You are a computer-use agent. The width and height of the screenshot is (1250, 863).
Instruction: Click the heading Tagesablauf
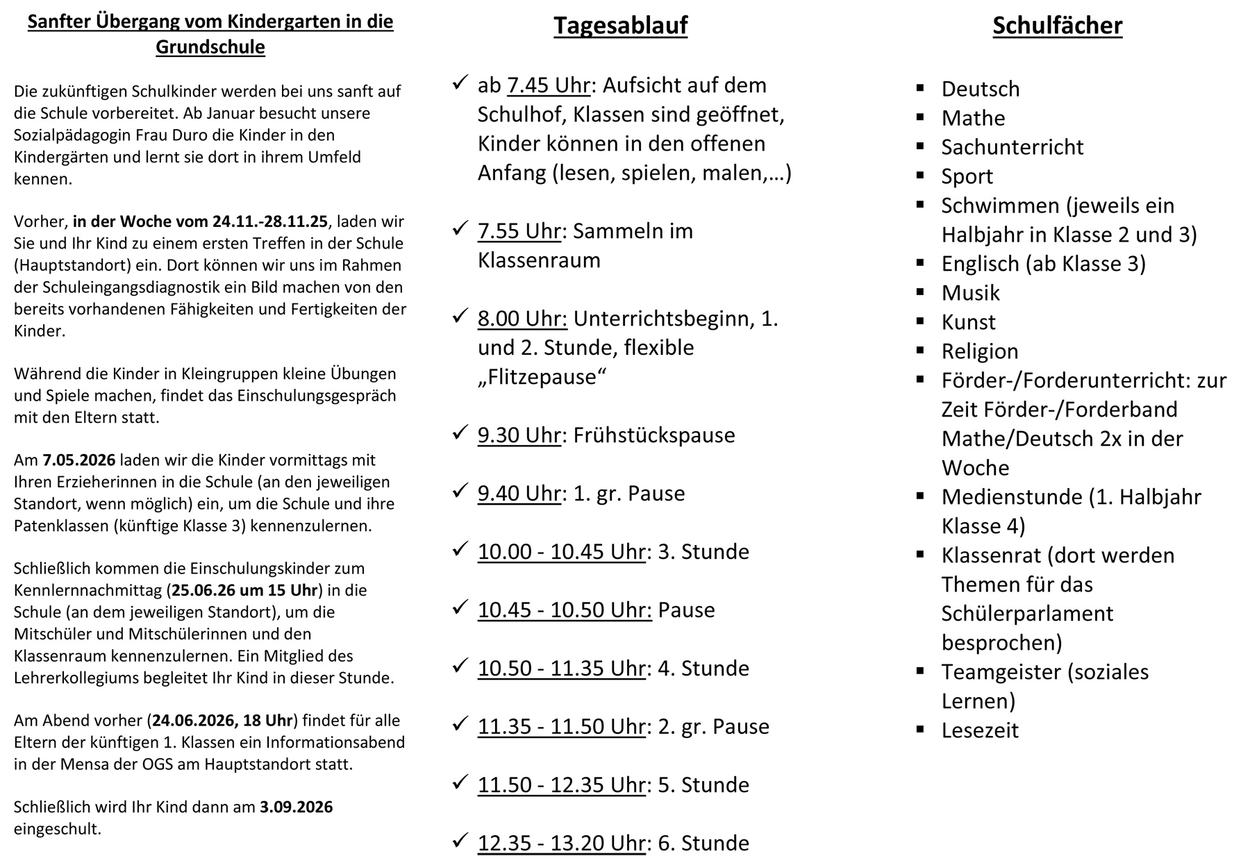tap(620, 26)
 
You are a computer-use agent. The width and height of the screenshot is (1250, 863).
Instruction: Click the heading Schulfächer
tap(1057, 26)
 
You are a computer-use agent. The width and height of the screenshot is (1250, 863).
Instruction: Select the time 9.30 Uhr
tap(519, 435)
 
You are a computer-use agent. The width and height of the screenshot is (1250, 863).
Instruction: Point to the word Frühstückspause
tap(654, 435)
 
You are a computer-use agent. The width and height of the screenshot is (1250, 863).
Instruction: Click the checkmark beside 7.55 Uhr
tap(460, 228)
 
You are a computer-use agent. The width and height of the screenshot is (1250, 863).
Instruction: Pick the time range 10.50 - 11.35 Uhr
tap(562, 669)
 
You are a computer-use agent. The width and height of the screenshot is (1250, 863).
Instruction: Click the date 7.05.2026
tap(78, 460)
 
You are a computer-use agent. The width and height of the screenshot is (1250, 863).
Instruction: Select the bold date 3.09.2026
tap(297, 807)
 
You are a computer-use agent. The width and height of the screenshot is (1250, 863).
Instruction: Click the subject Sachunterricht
tap(1012, 147)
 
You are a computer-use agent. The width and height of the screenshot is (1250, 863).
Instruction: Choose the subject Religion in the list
tap(979, 351)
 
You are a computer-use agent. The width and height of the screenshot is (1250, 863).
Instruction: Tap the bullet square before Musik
tap(920, 292)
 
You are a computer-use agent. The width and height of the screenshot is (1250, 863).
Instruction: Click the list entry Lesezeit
tap(979, 730)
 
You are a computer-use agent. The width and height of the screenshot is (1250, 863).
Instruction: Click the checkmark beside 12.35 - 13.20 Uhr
tap(460, 841)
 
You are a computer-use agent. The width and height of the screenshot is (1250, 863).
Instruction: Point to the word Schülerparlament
tap(1027, 614)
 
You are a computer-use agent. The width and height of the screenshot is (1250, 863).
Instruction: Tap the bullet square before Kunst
tap(920, 321)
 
